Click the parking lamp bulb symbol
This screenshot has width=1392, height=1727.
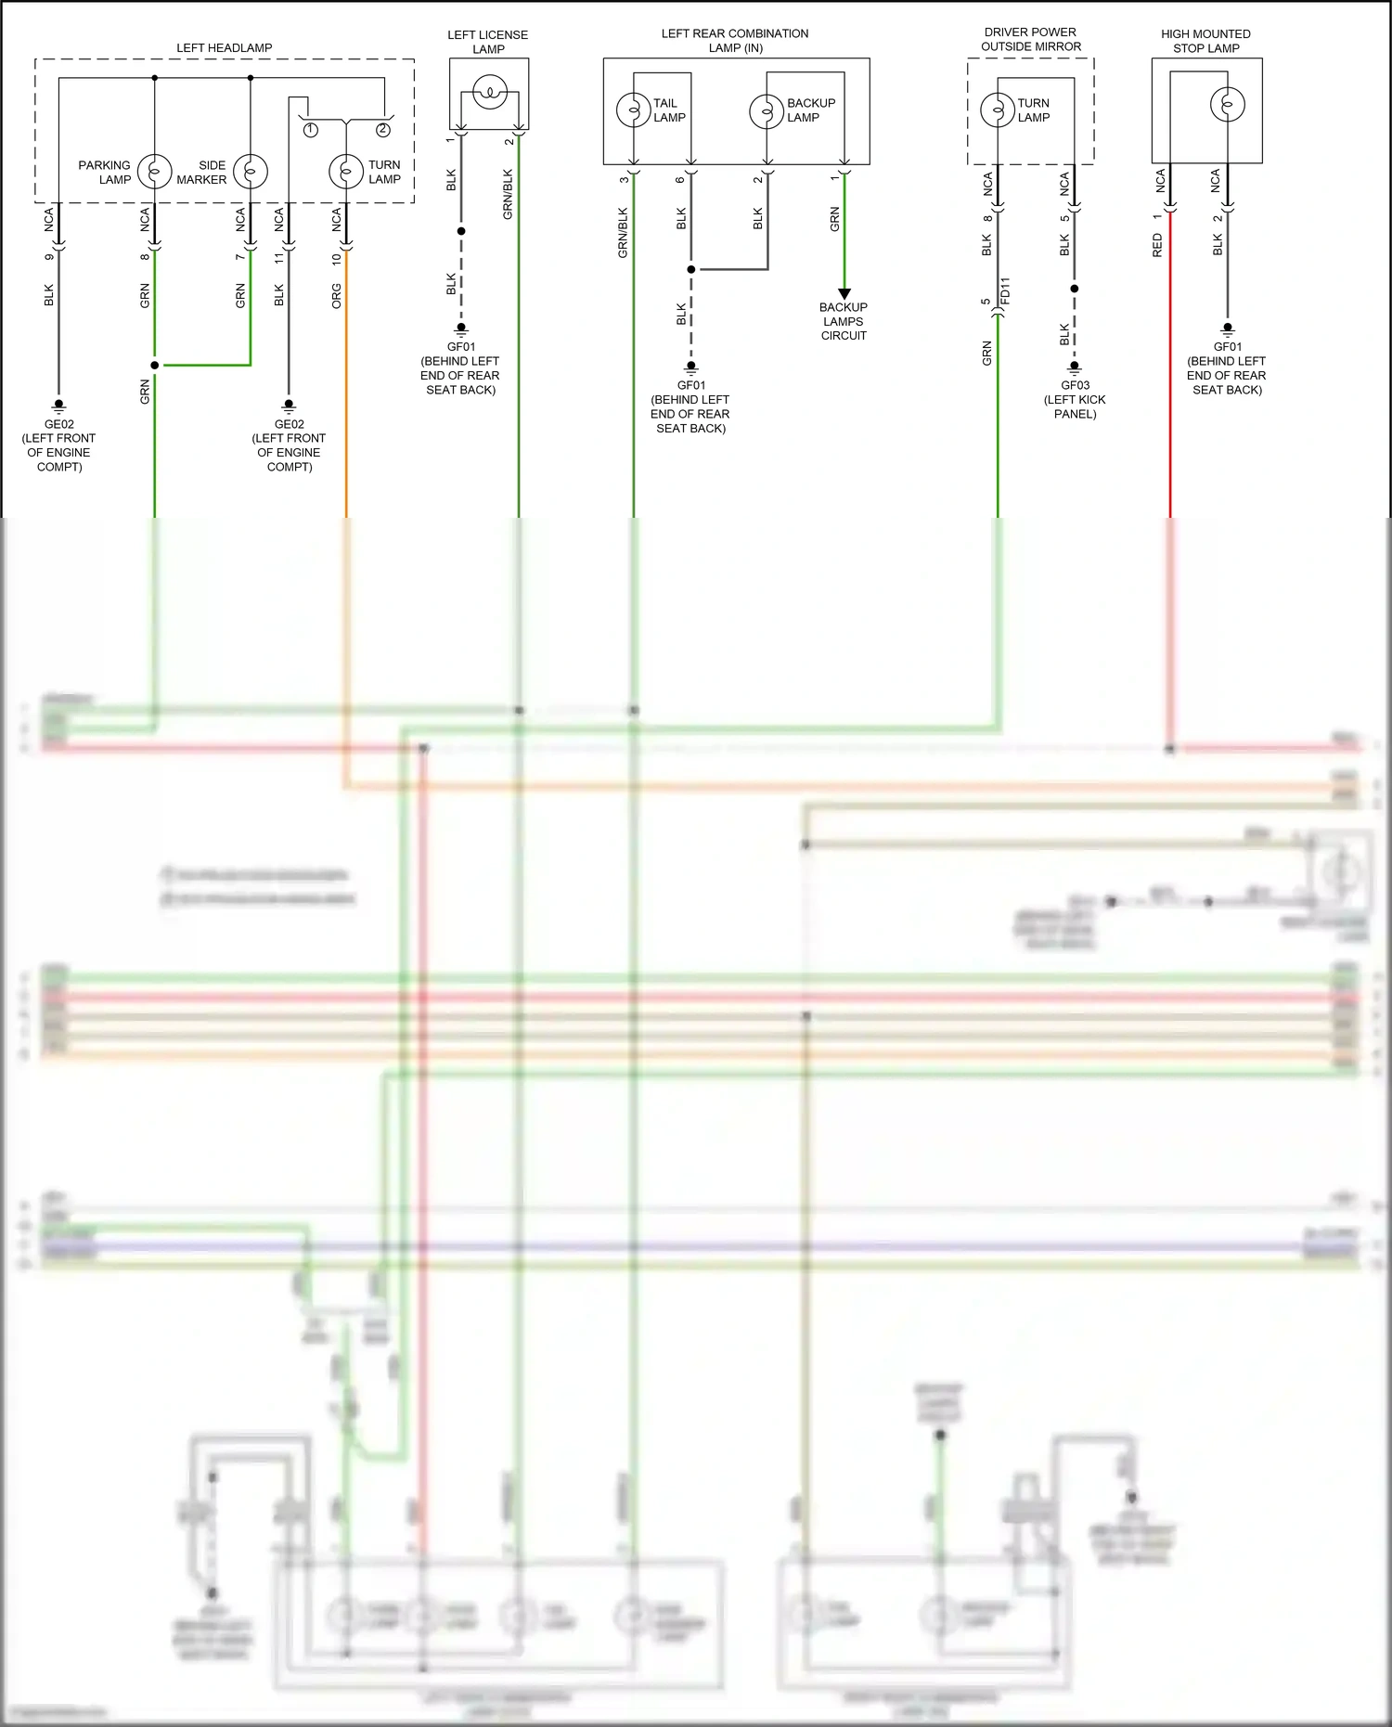(155, 172)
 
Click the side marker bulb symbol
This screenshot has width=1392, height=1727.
(251, 172)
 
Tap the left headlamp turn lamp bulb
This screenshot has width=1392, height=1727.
(346, 172)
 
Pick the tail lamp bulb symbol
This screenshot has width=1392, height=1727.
(634, 110)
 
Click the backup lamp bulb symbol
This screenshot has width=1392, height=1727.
(767, 111)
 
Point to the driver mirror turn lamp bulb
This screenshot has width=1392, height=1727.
(998, 110)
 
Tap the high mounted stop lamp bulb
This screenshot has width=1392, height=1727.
(1227, 104)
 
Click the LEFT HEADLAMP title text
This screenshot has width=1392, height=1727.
(225, 48)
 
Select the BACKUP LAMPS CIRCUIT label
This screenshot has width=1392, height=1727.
(844, 321)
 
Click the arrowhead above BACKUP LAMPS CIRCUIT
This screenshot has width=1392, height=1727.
(844, 294)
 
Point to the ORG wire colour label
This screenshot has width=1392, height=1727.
(337, 296)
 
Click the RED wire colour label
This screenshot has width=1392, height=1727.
(1157, 245)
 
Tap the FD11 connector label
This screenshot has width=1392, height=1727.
(1005, 290)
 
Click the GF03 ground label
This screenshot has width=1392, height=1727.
(1076, 385)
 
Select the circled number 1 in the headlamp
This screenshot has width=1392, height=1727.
(311, 130)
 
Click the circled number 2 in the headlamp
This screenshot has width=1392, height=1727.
(383, 130)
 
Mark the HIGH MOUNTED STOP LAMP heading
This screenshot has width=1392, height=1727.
(1206, 41)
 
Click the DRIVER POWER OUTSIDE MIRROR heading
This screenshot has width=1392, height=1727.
(1031, 39)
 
